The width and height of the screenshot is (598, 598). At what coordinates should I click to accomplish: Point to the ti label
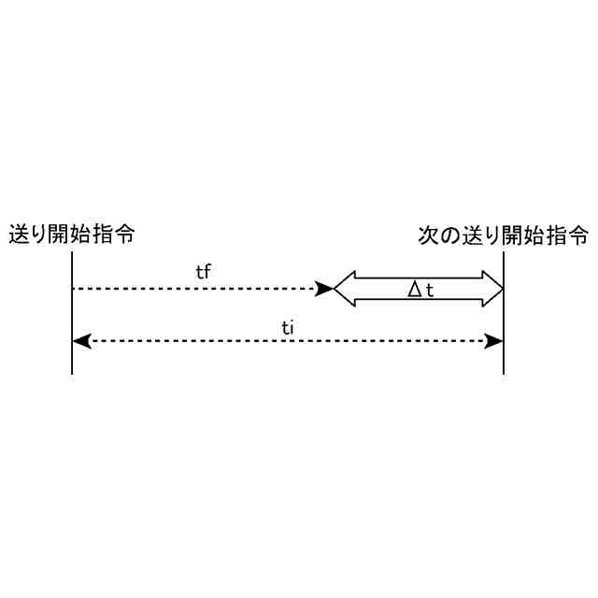[289, 326]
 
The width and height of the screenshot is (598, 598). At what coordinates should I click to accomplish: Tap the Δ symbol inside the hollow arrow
[416, 290]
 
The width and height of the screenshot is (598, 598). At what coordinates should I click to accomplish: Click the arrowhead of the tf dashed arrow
[325, 289]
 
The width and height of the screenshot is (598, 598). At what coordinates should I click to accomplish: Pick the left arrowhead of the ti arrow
[80, 341]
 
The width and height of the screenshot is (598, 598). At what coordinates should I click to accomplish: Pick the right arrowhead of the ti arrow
[495, 341]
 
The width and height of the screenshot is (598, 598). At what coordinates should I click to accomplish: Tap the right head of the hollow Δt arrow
[492, 289]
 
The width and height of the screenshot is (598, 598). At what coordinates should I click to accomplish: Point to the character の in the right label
[448, 234]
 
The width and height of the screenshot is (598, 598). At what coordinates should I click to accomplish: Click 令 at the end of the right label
[579, 234]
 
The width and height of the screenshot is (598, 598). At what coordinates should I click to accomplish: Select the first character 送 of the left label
[18, 234]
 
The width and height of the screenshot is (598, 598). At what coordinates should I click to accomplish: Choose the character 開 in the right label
[514, 234]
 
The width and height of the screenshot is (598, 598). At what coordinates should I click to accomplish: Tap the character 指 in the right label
[558, 234]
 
